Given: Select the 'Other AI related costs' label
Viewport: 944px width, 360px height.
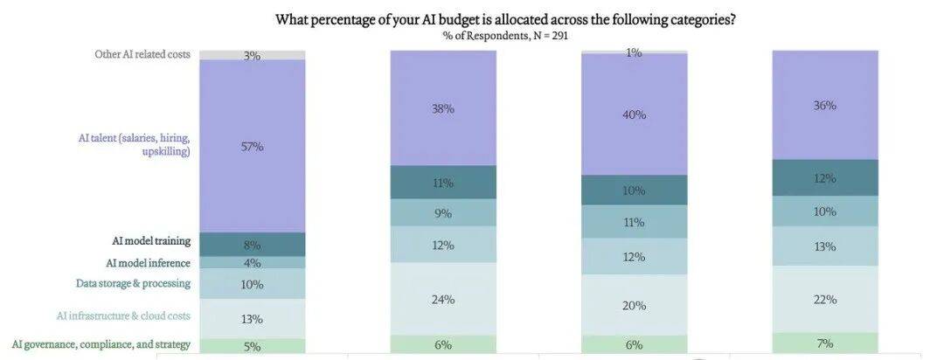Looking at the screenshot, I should click(x=142, y=55).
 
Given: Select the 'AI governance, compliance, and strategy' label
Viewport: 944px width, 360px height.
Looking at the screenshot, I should click(x=101, y=344).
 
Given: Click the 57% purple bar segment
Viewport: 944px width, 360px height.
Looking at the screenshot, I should click(x=253, y=146).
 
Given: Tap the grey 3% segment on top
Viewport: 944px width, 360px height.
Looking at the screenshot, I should click(x=253, y=55).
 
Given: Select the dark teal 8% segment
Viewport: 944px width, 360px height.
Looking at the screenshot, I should click(x=253, y=245).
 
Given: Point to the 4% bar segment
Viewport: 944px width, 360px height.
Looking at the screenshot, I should click(x=253, y=262).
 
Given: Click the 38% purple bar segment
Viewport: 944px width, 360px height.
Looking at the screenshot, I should click(x=443, y=108).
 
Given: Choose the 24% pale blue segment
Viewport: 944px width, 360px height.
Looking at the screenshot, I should click(x=443, y=299).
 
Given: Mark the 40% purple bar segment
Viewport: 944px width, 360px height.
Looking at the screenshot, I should click(x=635, y=114).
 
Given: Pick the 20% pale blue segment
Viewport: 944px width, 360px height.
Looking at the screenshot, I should click(x=635, y=305).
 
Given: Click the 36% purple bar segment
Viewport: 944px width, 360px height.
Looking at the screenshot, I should click(x=825, y=105).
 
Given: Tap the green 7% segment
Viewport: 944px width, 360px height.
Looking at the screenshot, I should click(x=825, y=343).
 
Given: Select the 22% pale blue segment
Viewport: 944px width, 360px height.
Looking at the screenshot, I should click(x=825, y=299).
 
